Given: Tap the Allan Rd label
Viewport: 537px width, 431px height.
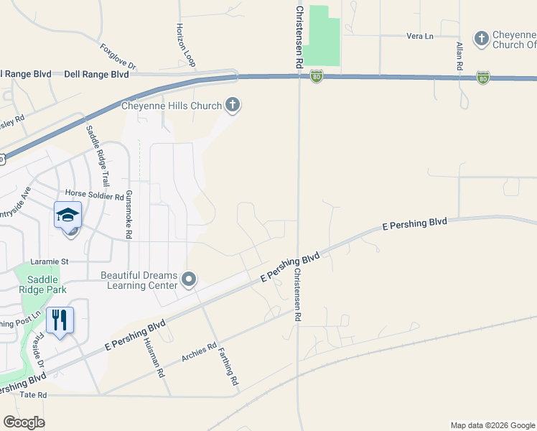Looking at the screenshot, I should pyautogui.click(x=459, y=56).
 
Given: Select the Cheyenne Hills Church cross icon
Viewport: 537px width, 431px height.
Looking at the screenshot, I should pyautogui.click(x=232, y=106).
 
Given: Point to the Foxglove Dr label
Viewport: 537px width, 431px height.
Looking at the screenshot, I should pyautogui.click(x=118, y=58).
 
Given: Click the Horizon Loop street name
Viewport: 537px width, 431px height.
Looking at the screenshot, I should pyautogui.click(x=185, y=45).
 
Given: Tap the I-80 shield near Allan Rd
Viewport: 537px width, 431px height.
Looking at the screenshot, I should pyautogui.click(x=483, y=77).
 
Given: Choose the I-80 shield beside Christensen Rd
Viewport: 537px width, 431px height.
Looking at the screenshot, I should pyautogui.click(x=317, y=75).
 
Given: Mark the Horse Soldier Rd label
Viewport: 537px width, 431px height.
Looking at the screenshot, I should pyautogui.click(x=95, y=194).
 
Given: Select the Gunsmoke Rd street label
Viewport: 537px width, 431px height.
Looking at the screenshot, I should pyautogui.click(x=129, y=214).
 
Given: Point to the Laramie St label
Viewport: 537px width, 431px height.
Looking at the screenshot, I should pyautogui.click(x=49, y=262).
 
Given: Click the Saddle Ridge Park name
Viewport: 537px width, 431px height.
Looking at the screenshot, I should pyautogui.click(x=47, y=284).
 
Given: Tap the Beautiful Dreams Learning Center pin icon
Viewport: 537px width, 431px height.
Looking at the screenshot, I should pyautogui.click(x=189, y=279).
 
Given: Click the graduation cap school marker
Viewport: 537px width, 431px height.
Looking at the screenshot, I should pyautogui.click(x=67, y=215).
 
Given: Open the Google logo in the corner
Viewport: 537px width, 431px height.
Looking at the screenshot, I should pyautogui.click(x=24, y=422).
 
